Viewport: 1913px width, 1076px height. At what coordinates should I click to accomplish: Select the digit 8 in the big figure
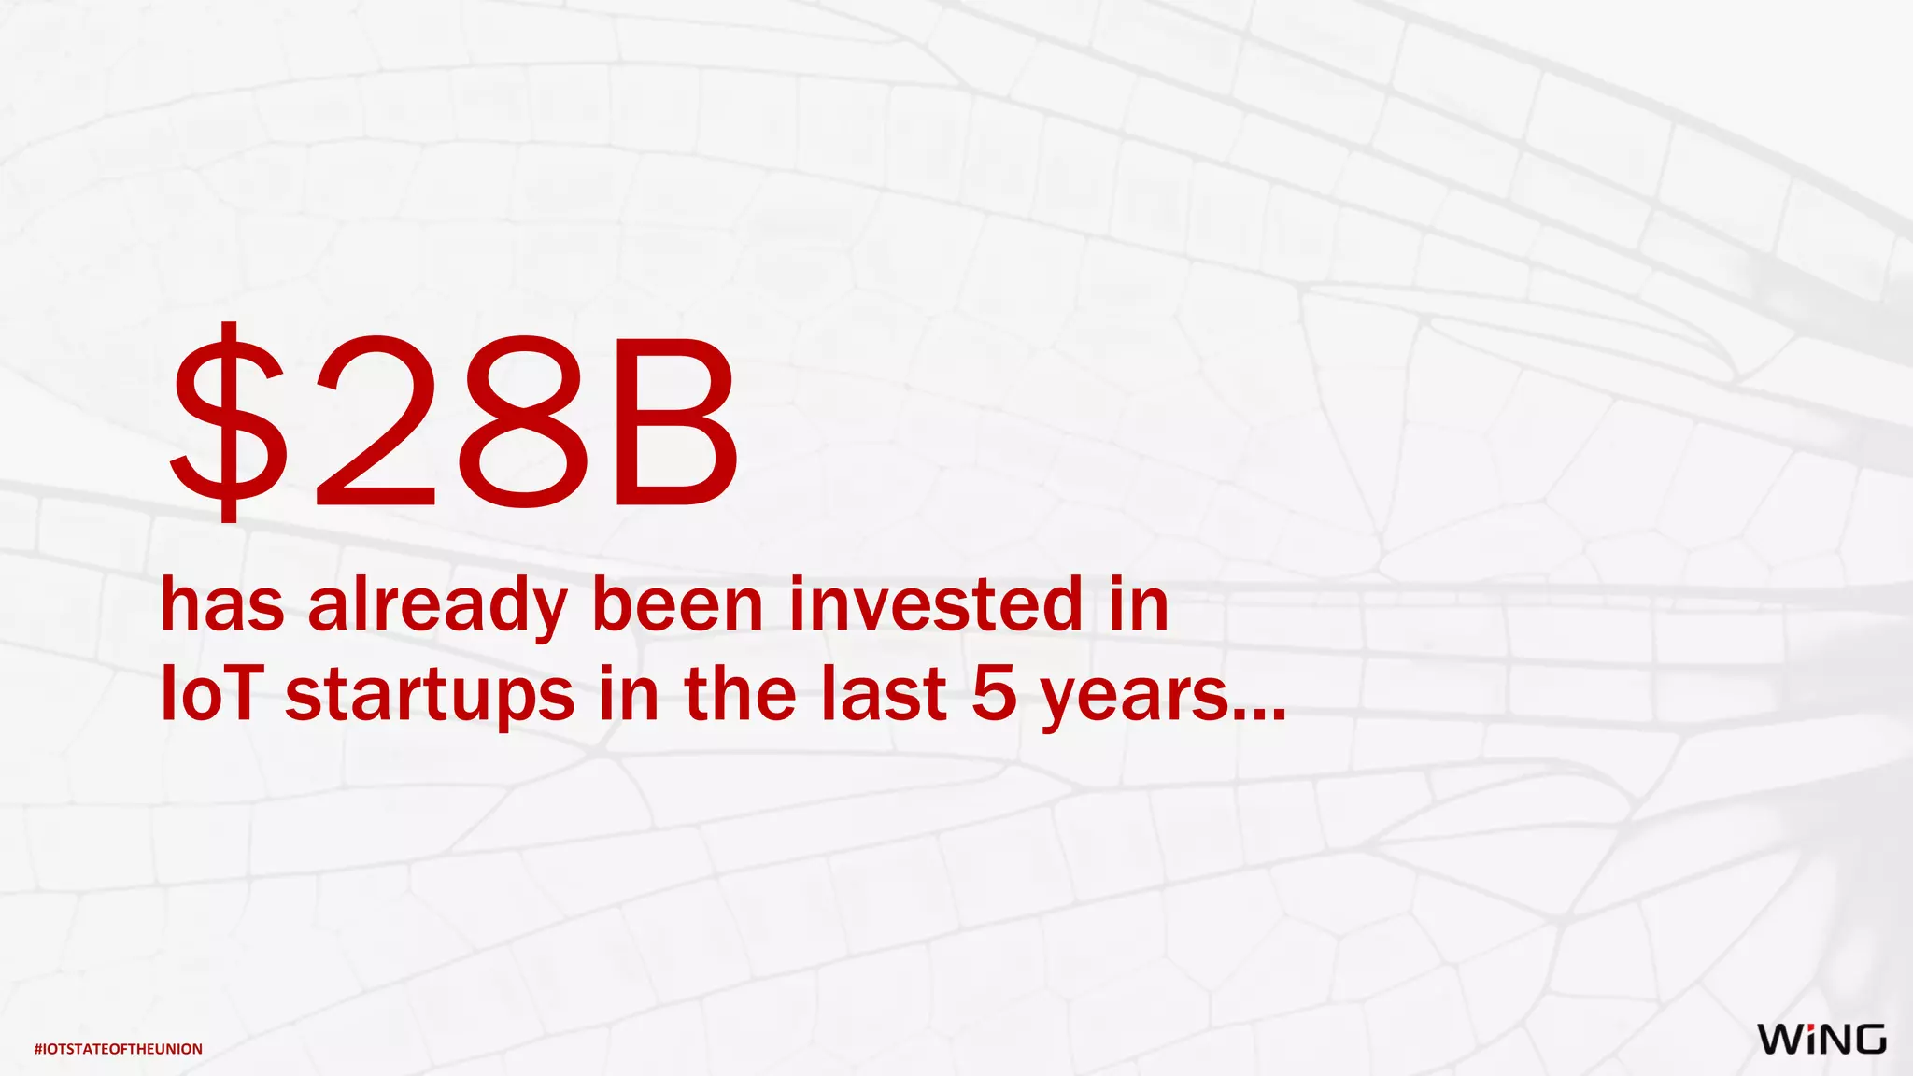tap(524, 422)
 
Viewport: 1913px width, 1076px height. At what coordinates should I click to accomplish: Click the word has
tap(222, 605)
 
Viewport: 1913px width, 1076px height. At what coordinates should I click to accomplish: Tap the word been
tap(678, 605)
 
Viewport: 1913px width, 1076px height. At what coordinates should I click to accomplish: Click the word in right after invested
tap(1138, 605)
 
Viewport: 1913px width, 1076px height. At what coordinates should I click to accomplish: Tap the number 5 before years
tap(994, 695)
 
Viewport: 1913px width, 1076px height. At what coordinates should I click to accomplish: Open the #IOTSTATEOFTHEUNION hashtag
tap(119, 1049)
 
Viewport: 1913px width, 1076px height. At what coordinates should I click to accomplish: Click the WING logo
tap(1821, 1039)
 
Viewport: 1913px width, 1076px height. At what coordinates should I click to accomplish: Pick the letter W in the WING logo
tap(1779, 1040)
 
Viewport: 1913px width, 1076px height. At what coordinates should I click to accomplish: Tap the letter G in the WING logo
tap(1869, 1040)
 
